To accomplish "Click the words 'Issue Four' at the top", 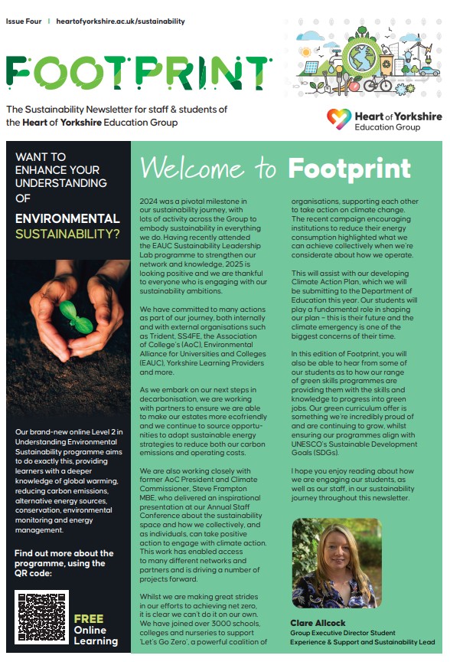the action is point(24,21).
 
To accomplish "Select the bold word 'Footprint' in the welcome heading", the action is point(359,167).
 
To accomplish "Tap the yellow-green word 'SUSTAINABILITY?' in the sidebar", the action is point(68,234).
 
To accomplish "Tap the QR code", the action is point(41,617).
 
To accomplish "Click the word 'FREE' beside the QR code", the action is point(89,618).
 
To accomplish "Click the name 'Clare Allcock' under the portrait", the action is point(318,623).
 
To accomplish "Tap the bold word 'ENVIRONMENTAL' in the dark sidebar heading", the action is point(68,218).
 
